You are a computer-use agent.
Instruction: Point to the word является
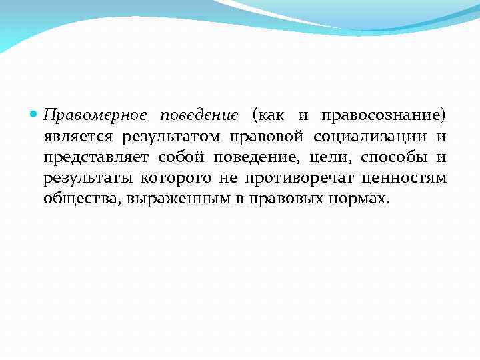78,137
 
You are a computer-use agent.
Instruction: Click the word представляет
97,158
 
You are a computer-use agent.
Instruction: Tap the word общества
77,199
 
